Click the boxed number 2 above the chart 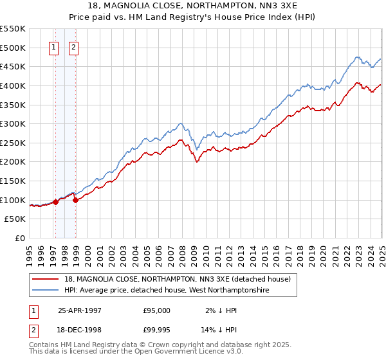(x=73, y=47)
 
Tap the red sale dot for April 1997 (x=56, y=201)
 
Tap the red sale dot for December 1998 (x=76, y=200)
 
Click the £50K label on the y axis (x=15, y=219)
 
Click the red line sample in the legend (x=45, y=279)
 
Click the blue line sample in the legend (x=45, y=291)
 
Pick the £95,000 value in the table (x=157, y=310)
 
